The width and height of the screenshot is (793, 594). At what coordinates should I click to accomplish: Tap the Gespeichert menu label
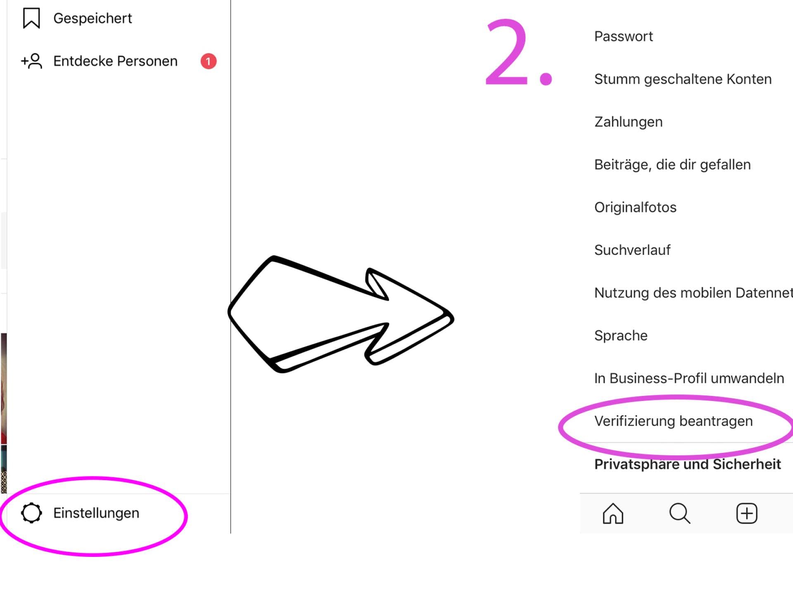click(x=93, y=19)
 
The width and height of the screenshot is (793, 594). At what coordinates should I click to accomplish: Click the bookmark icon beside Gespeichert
click(x=31, y=18)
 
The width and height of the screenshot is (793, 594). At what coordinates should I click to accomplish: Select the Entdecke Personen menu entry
click(x=115, y=61)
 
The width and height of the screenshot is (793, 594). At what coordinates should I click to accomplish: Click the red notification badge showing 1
click(x=209, y=61)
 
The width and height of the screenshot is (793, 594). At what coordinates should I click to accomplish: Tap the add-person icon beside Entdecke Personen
click(x=32, y=61)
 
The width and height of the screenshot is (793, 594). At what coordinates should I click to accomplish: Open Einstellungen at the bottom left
click(x=96, y=513)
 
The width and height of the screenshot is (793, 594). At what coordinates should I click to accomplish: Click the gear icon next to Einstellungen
click(x=31, y=513)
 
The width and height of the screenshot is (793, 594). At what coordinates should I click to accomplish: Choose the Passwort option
click(x=624, y=36)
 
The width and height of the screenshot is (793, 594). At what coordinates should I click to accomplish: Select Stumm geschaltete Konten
click(x=683, y=79)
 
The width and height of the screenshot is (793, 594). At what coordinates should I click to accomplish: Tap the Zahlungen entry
click(x=628, y=122)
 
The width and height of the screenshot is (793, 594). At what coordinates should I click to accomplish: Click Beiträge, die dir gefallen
click(x=672, y=165)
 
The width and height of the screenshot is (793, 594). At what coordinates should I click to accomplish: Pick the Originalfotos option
click(x=635, y=207)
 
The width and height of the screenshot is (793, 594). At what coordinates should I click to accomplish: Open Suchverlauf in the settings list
click(x=632, y=250)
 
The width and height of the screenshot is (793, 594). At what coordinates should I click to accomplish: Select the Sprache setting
click(x=621, y=336)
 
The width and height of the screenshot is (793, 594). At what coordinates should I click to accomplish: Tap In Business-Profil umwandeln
click(x=689, y=378)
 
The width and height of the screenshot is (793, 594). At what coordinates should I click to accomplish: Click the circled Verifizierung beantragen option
click(x=673, y=421)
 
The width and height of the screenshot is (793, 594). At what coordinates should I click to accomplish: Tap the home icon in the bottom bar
click(x=613, y=514)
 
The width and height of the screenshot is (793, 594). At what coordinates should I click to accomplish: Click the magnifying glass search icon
click(x=680, y=514)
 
